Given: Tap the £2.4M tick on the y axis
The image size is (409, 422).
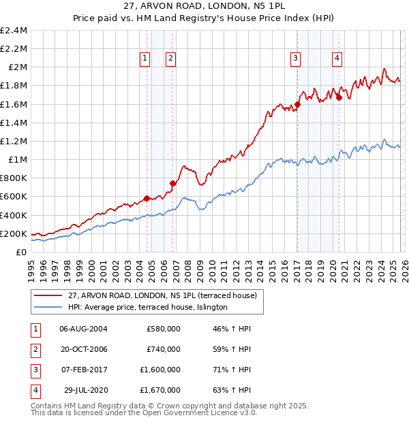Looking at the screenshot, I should click(x=14, y=31).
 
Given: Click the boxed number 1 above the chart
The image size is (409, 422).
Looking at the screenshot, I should click(x=146, y=59).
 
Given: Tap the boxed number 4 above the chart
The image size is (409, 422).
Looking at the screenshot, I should click(x=337, y=59).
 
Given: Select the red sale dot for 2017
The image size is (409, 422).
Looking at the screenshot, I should click(x=297, y=105).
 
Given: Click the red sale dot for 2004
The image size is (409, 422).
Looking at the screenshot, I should click(x=147, y=199).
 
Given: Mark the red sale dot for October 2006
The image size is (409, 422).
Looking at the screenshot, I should click(x=173, y=184).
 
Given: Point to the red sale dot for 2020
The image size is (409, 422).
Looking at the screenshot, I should click(x=339, y=98).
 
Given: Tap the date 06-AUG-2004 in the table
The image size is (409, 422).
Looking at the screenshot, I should click(x=83, y=329).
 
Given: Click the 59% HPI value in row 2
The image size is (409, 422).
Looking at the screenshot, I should click(x=230, y=349).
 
